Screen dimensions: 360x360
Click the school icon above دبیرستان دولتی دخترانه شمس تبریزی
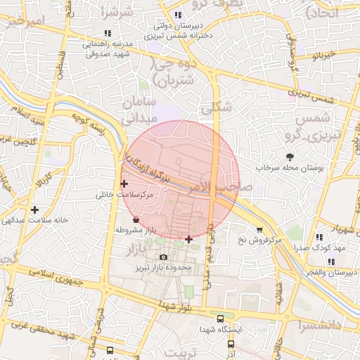click(x=178, y=15)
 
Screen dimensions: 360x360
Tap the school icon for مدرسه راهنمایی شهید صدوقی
click(x=107, y=33)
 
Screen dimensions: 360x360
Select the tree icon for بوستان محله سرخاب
click(x=290, y=156)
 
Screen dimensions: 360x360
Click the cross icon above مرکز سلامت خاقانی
click(x=124, y=184)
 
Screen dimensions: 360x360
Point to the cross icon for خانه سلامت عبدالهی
click(x=34, y=210)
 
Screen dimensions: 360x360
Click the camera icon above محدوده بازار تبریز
click(x=164, y=257)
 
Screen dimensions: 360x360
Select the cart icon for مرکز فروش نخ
click(x=259, y=230)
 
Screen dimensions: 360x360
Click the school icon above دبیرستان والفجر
click(x=331, y=262)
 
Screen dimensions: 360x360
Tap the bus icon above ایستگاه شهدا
click(x=221, y=319)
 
